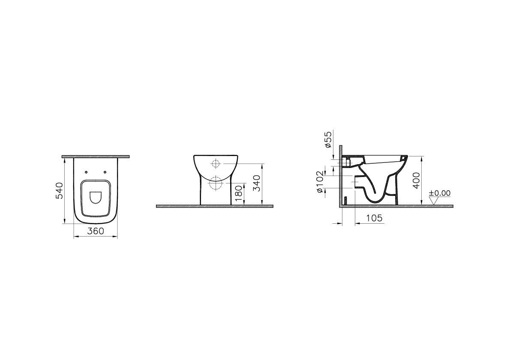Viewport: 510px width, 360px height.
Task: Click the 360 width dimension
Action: click(96, 231)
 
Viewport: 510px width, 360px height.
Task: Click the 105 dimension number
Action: click(375, 218)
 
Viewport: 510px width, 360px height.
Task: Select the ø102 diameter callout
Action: click(321, 181)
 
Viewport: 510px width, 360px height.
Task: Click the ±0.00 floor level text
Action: click(440, 193)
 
